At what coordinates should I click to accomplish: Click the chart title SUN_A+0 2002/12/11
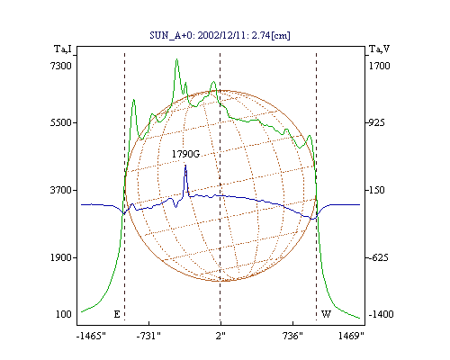coord(220,35)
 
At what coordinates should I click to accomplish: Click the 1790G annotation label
coord(185,154)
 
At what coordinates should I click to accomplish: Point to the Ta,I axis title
coord(63,49)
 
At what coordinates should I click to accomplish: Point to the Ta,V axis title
coord(379,49)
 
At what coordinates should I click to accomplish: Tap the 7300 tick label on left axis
coord(61,66)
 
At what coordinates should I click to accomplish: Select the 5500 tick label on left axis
coord(61,122)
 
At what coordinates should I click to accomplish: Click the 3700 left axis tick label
coord(61,190)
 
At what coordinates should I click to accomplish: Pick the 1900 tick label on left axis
coord(61,257)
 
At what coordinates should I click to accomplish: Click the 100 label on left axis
coord(64,314)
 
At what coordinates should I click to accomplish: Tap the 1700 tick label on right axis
coord(379,66)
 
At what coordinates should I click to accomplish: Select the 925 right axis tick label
coord(376,122)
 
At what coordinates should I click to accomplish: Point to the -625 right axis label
coord(378,257)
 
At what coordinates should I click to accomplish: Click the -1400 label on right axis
coord(381,314)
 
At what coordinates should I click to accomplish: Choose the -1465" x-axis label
coord(91,336)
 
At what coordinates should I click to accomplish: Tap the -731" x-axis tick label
coord(148,336)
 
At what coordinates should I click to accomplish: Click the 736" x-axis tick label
coord(292,336)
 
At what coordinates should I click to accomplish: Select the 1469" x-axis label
coord(351,336)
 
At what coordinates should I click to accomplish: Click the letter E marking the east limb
coord(117,314)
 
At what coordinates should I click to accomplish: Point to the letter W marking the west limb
coord(326,314)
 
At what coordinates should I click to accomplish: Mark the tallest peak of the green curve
coord(176,59)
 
